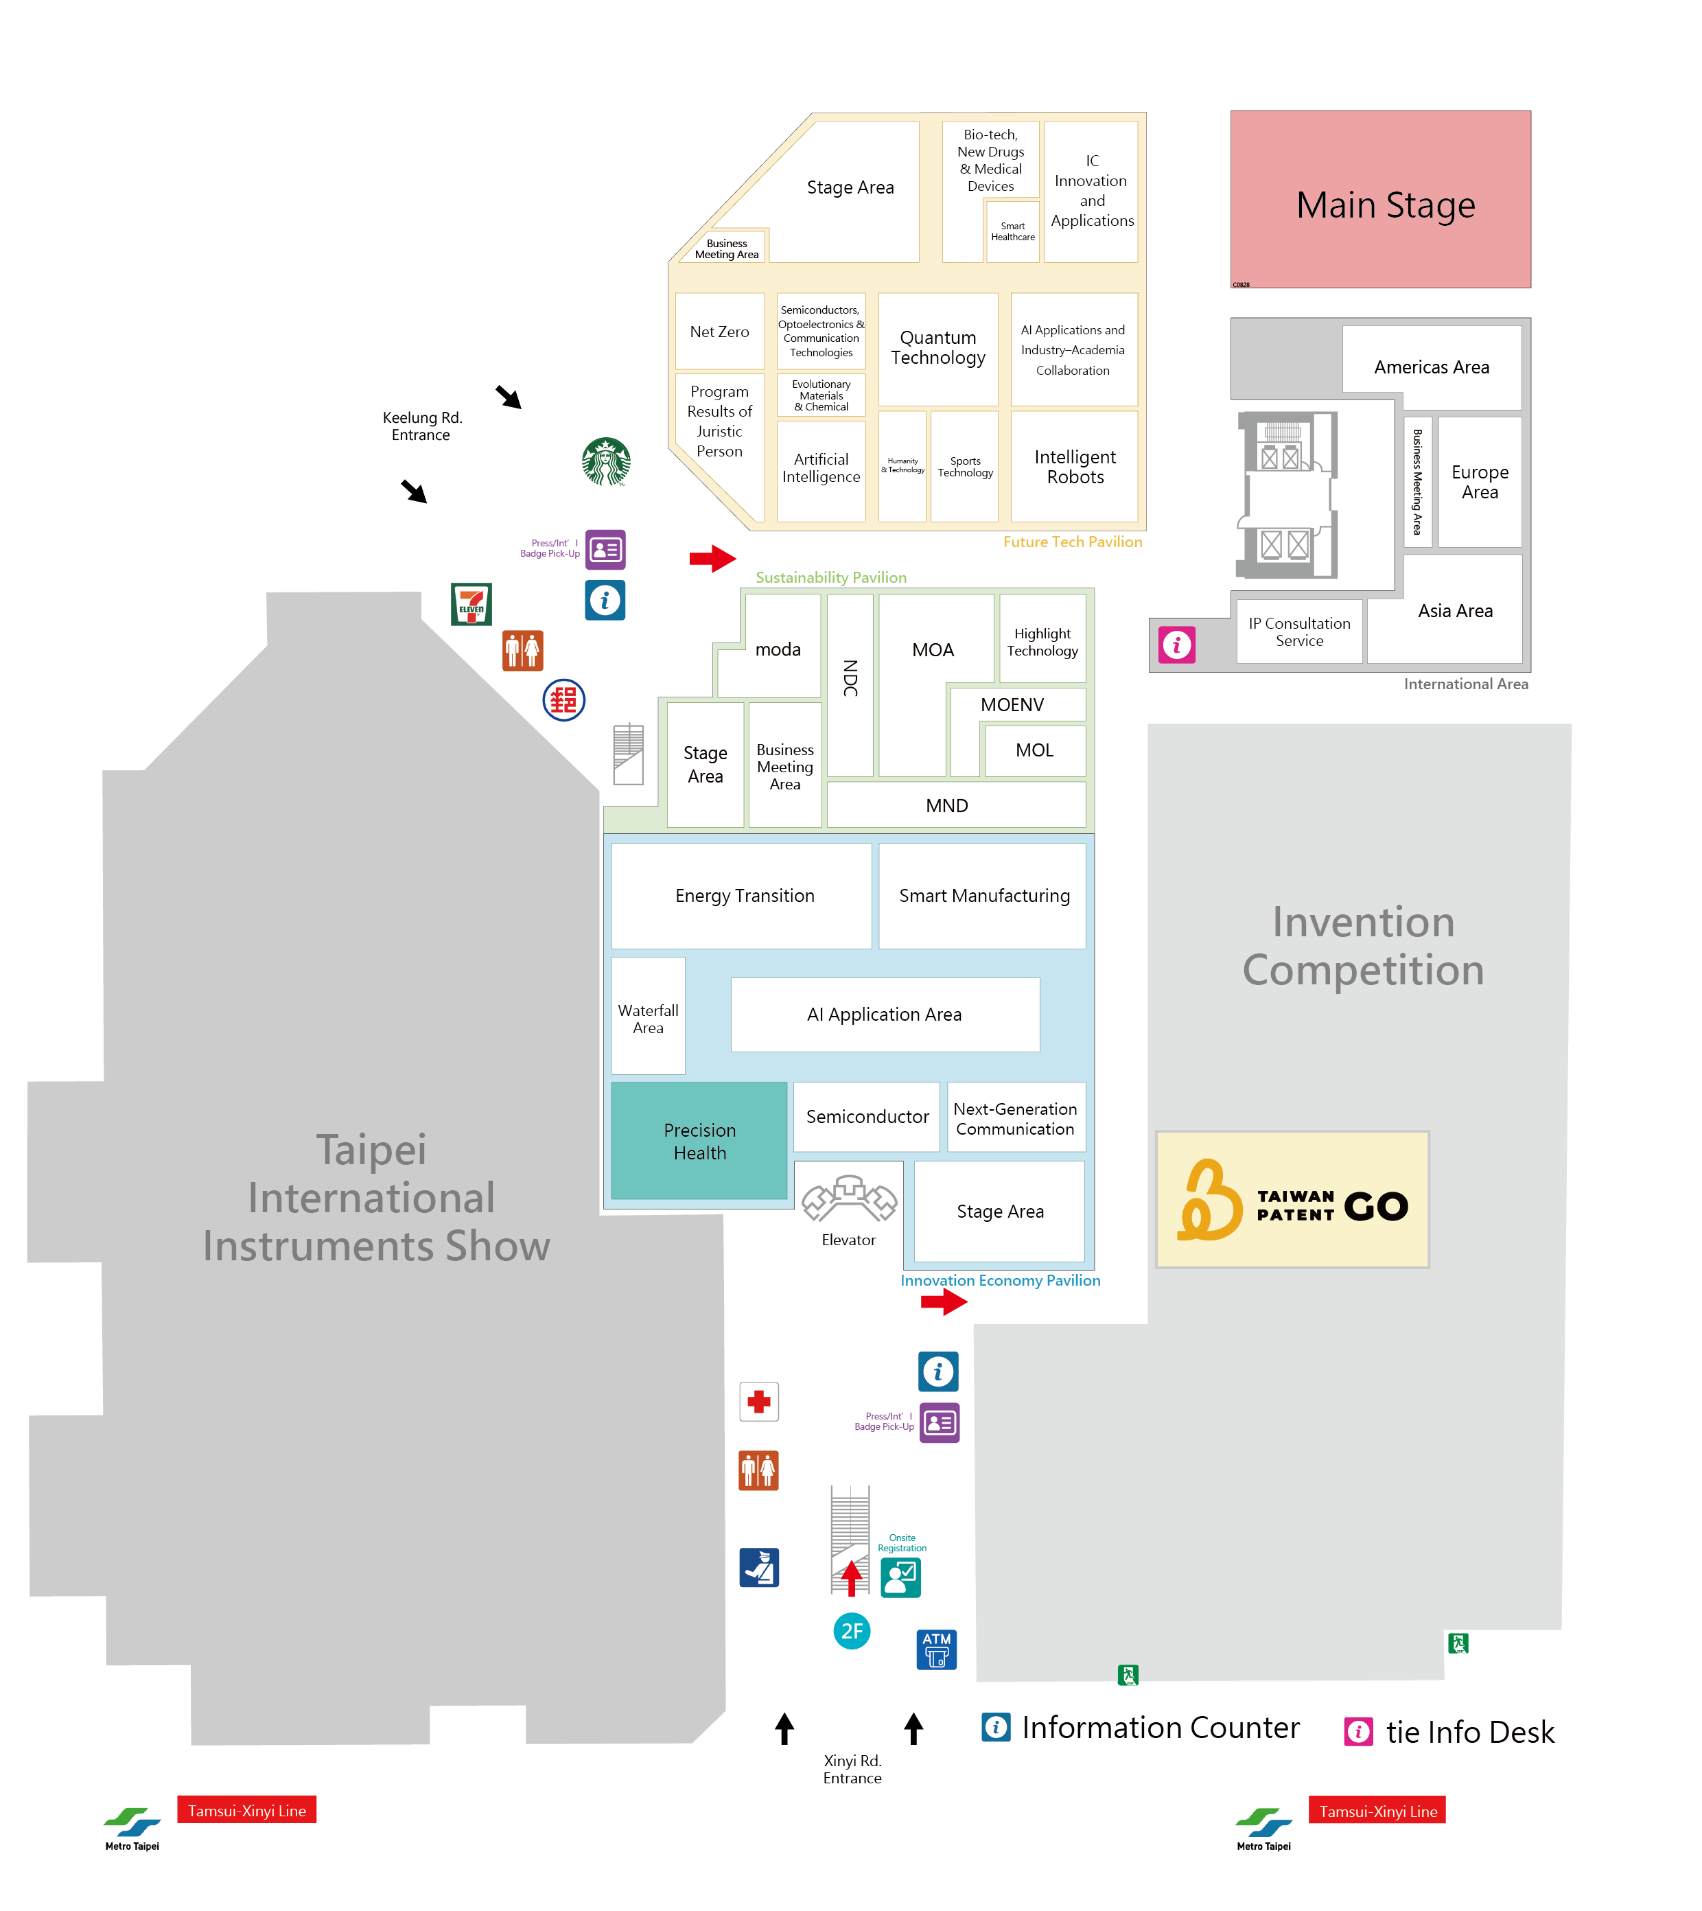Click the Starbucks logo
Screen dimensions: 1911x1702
point(606,461)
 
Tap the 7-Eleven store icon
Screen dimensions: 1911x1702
point(471,604)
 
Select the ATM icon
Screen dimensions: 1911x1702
point(936,1649)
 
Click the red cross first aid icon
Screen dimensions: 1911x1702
point(758,1401)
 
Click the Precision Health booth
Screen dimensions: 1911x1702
point(699,1141)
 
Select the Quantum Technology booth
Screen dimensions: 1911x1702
point(938,348)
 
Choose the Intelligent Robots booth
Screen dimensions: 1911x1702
point(1075,467)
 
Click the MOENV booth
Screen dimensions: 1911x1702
point(1013,704)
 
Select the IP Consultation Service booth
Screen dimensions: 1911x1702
point(1299,632)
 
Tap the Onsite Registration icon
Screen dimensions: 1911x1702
point(900,1578)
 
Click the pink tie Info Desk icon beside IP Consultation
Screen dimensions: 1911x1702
point(1176,645)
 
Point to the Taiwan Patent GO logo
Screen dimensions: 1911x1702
point(1292,1200)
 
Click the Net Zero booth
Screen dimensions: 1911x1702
point(719,331)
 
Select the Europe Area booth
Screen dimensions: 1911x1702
point(1480,482)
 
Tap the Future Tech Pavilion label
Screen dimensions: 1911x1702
point(1072,542)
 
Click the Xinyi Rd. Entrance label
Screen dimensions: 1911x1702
point(852,1769)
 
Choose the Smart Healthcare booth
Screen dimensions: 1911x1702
point(1013,231)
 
